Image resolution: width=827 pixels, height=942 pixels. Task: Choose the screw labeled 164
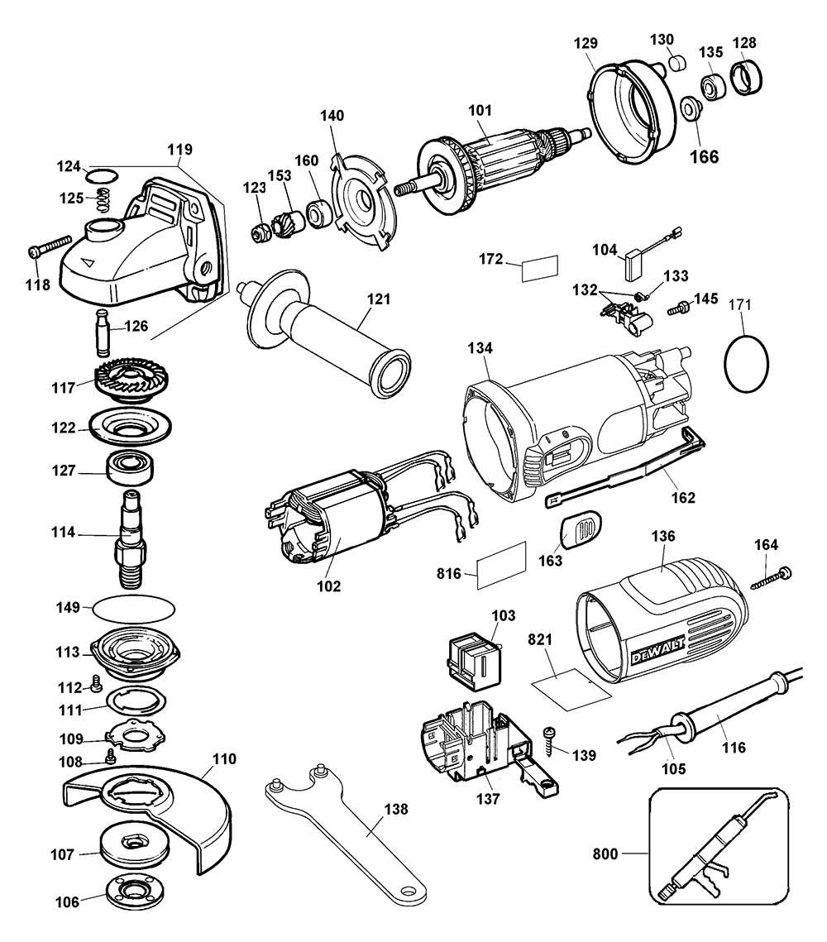click(771, 577)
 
